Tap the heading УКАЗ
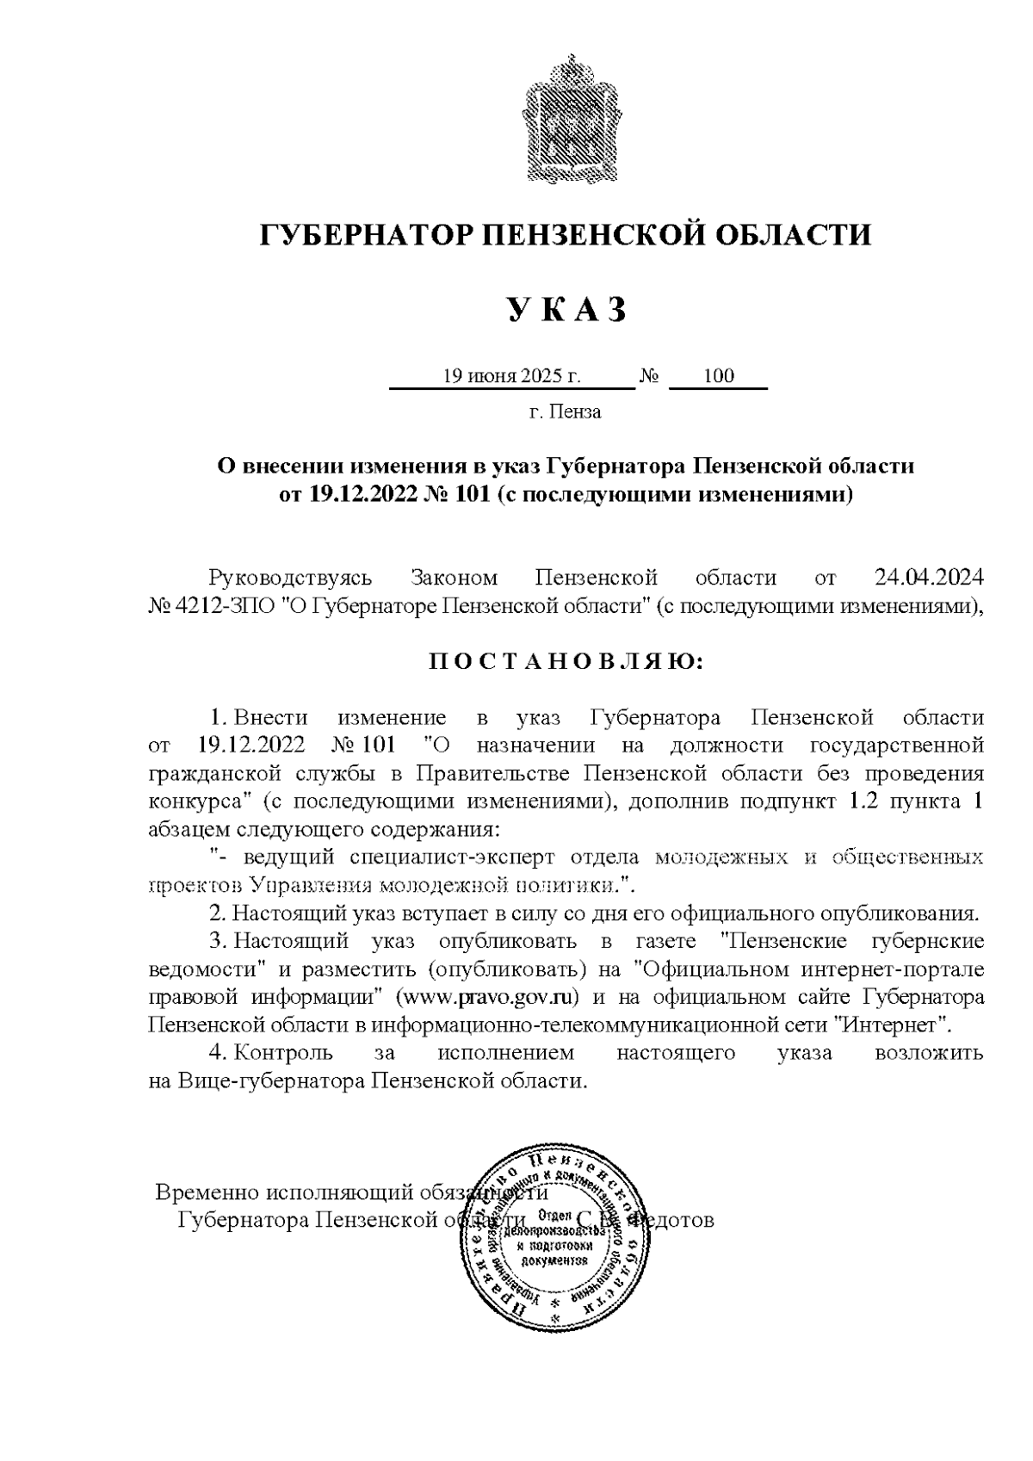coord(564,309)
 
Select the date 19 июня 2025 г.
coord(511,376)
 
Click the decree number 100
coord(718,376)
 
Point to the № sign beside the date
coord(650,376)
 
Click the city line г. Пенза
coord(565,412)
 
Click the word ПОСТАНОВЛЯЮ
coord(566,662)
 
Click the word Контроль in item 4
coord(283,1053)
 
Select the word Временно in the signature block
coord(207,1194)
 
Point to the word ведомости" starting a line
coord(207,969)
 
